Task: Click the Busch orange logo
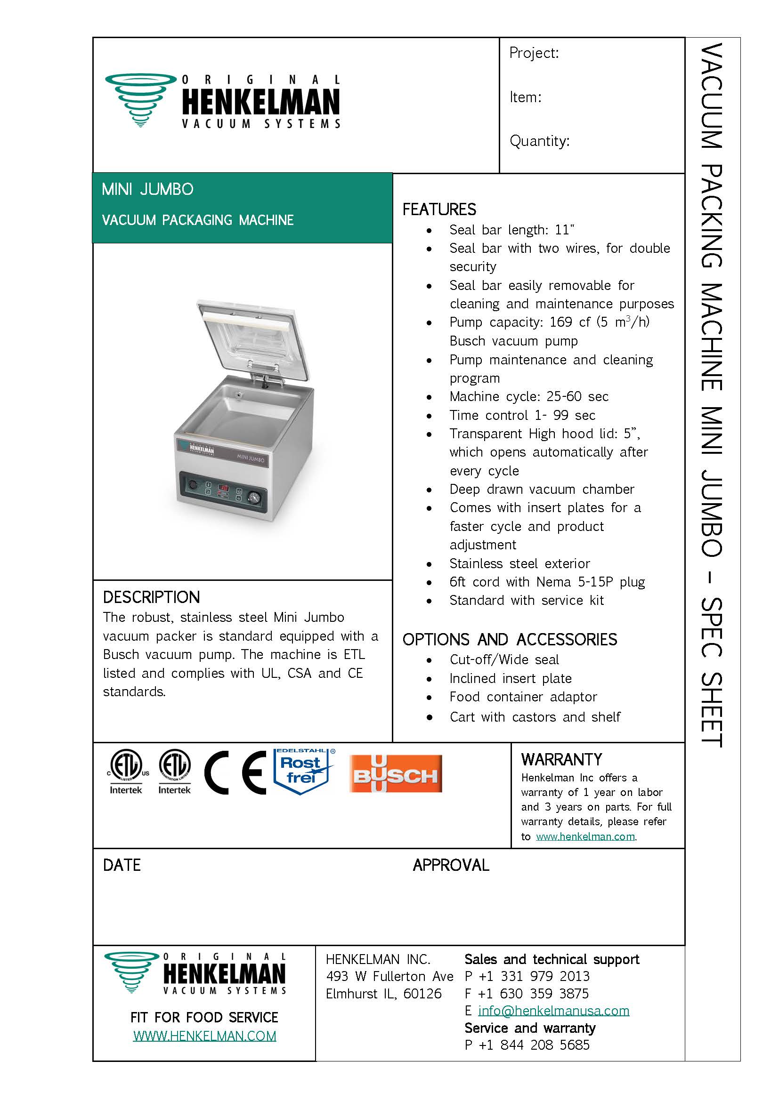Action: (396, 773)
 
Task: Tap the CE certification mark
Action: (235, 772)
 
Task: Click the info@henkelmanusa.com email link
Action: (553, 1011)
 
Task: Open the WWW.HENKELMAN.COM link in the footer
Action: (205, 1036)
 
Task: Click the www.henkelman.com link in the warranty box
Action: (585, 836)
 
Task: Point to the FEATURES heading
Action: (439, 209)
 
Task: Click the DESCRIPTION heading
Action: (151, 597)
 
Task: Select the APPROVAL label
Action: (451, 865)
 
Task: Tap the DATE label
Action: (122, 865)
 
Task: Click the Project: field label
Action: (534, 53)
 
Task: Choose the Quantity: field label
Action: (540, 141)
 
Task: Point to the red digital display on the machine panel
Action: (224, 488)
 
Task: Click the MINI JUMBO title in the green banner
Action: (148, 189)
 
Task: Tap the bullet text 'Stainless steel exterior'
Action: (519, 563)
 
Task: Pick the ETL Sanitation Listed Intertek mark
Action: (175, 772)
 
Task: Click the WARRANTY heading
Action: (561, 760)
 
